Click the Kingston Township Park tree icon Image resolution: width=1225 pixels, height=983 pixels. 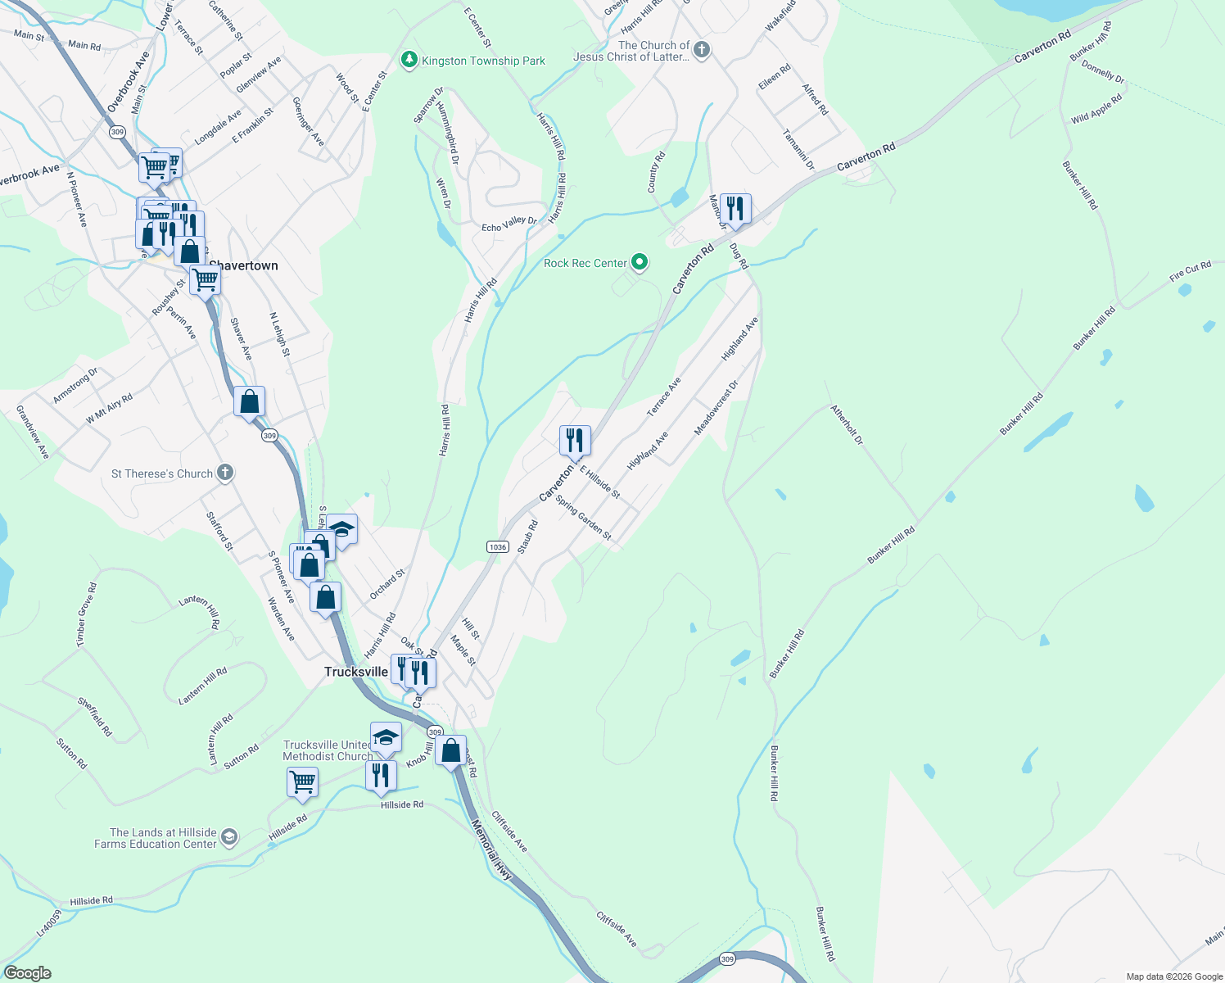[x=409, y=61]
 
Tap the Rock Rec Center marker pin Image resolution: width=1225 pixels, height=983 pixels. [x=640, y=263]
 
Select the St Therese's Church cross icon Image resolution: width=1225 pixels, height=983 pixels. [x=225, y=473]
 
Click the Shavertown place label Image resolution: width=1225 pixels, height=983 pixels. [x=243, y=266]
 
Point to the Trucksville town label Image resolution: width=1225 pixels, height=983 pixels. [x=356, y=672]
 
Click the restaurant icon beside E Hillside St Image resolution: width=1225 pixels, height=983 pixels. [x=575, y=441]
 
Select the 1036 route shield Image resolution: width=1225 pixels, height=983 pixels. [x=498, y=546]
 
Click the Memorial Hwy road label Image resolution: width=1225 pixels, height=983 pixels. [x=492, y=851]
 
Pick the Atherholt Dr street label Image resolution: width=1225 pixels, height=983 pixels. [x=847, y=424]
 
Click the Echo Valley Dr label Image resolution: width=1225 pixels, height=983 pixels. [x=509, y=224]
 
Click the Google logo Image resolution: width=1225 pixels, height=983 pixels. [x=27, y=973]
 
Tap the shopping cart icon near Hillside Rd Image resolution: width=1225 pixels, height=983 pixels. [x=302, y=782]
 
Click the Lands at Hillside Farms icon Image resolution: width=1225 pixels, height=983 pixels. [x=229, y=837]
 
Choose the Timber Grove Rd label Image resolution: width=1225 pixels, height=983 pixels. [x=86, y=614]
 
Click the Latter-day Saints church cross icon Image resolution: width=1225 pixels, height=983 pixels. [x=701, y=51]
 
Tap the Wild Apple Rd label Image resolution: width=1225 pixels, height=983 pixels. [x=1096, y=108]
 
